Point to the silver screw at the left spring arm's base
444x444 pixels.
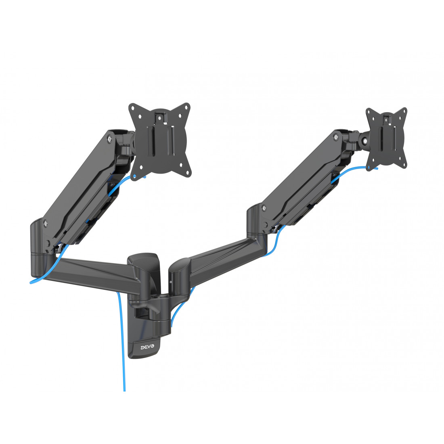point(45,222)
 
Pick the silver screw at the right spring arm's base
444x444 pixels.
point(263,208)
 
